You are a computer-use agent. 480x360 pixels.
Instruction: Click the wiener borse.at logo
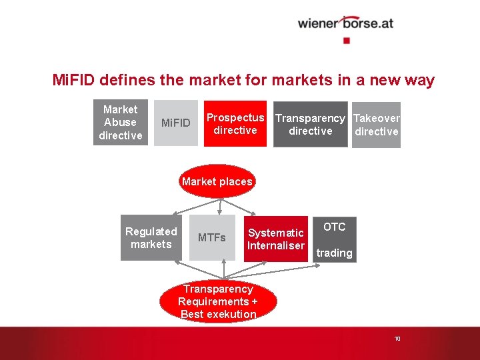click(x=345, y=23)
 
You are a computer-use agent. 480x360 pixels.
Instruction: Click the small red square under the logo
click(x=346, y=40)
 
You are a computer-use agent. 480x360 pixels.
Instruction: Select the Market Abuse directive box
click(x=121, y=123)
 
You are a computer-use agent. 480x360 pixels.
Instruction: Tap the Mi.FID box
click(x=176, y=123)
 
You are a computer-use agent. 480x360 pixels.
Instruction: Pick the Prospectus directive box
click(x=235, y=124)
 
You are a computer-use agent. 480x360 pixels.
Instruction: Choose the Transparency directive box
click(x=310, y=124)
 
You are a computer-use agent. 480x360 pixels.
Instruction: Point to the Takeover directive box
click(x=376, y=125)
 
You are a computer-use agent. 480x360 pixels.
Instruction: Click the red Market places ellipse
click(x=217, y=181)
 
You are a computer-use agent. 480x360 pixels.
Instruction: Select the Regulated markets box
click(x=151, y=238)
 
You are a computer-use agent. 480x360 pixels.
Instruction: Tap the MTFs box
click(x=212, y=238)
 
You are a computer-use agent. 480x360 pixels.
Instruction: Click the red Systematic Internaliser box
click(x=275, y=239)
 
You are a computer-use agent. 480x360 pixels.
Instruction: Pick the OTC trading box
click(x=335, y=239)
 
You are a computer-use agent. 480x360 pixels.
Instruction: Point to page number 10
click(x=397, y=339)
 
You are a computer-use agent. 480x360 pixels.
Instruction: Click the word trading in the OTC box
click(x=335, y=253)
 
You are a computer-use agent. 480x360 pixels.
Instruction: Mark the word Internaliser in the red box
click(x=275, y=245)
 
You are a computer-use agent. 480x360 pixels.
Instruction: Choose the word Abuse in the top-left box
click(x=121, y=123)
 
